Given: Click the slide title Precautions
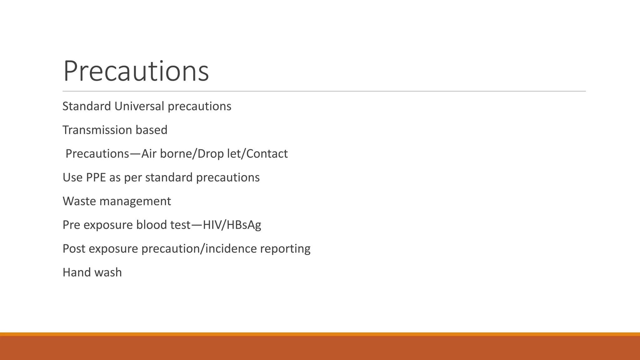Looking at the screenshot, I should (136, 71).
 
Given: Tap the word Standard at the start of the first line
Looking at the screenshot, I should (87, 106).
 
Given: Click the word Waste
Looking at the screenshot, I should (79, 201).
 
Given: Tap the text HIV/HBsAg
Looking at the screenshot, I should (232, 225).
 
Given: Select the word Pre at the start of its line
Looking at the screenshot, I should (71, 225).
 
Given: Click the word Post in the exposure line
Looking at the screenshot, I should (74, 249).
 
